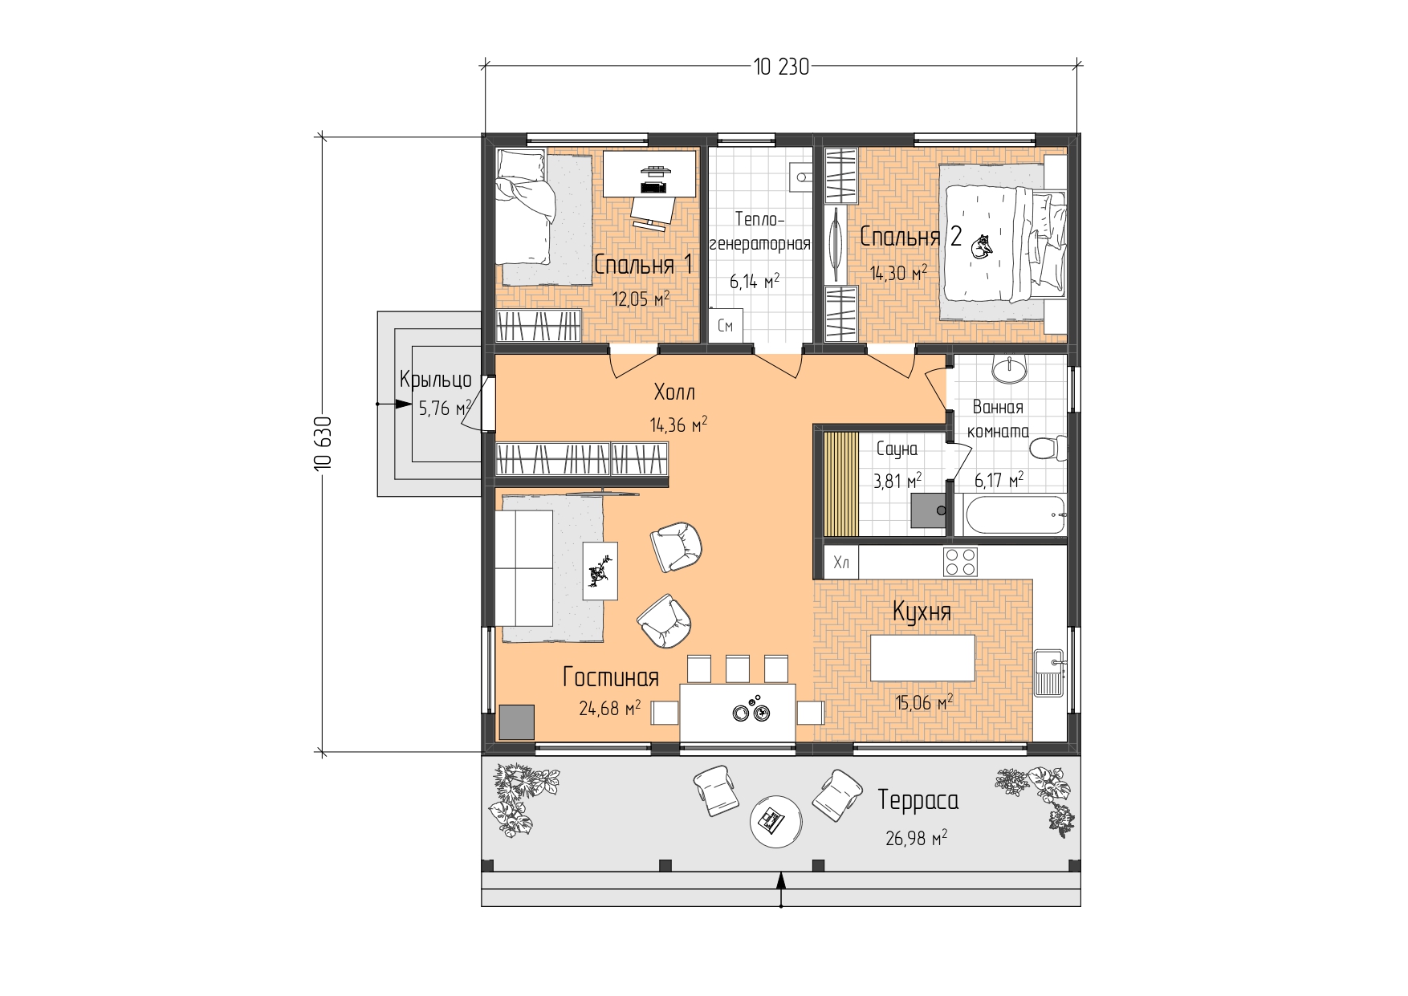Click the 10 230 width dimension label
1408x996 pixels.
[x=781, y=67]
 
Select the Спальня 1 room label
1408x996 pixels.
[x=643, y=264]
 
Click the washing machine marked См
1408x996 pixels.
[x=725, y=326]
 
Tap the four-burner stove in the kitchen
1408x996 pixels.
[x=960, y=562]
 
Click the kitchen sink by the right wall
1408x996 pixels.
[x=1049, y=673]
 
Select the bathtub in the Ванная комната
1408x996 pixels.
[x=1015, y=514]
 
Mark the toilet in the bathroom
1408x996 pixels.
[x=1048, y=448]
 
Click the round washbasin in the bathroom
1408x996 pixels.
[x=1009, y=369]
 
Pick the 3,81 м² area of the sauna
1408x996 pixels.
[x=897, y=481]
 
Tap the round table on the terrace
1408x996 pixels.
[x=775, y=820]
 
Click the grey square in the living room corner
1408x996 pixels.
[x=517, y=722]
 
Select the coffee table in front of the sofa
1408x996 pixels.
[x=600, y=571]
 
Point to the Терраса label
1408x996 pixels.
[x=918, y=800]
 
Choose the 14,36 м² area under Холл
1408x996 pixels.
[x=678, y=424]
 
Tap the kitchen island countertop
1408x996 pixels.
[x=922, y=658]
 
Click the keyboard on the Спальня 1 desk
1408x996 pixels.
[x=653, y=187]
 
